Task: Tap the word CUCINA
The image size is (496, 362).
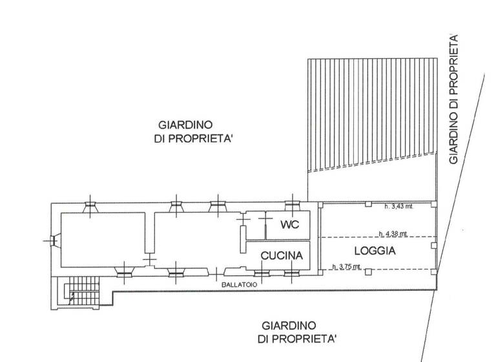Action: click(x=282, y=256)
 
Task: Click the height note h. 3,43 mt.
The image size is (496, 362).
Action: click(x=398, y=207)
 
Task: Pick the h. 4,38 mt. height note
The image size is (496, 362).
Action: click(x=393, y=233)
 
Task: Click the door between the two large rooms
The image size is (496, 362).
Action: click(x=150, y=259)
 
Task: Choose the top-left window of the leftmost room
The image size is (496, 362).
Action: click(x=90, y=206)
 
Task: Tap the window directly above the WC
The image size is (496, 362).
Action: click(x=291, y=206)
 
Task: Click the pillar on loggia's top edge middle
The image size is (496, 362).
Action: click(x=367, y=205)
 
